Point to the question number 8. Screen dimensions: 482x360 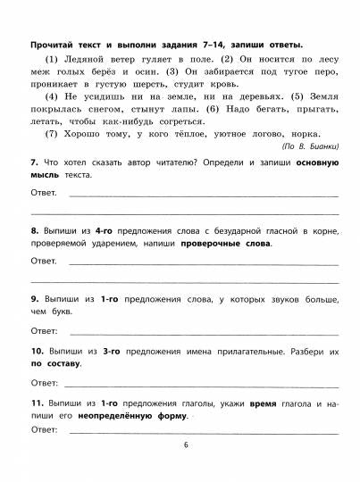[33, 231]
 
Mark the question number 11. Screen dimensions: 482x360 [37, 404]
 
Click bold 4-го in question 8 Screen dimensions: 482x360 [106, 231]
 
